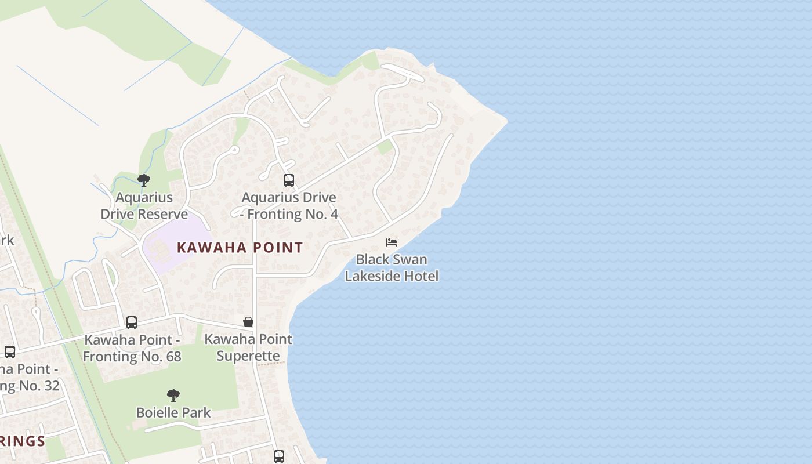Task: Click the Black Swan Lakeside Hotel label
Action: click(391, 267)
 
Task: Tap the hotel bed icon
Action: click(391, 242)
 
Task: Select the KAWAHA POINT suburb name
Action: click(240, 248)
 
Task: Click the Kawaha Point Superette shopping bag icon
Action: click(248, 322)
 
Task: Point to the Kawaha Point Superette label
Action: click(248, 347)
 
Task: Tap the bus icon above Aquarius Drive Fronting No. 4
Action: click(289, 180)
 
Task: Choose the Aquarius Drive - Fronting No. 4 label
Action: click(289, 206)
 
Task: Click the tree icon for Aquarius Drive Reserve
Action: click(144, 180)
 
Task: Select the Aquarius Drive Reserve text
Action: click(144, 206)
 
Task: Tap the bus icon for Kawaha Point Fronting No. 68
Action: click(132, 322)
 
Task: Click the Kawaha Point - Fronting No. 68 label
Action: click(132, 348)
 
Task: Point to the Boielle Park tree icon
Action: click(173, 396)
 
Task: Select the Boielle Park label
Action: click(173, 413)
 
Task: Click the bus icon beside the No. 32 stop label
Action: click(10, 352)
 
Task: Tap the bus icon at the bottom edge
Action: click(279, 456)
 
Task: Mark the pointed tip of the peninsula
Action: click(506, 121)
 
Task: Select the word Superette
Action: click(248, 356)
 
